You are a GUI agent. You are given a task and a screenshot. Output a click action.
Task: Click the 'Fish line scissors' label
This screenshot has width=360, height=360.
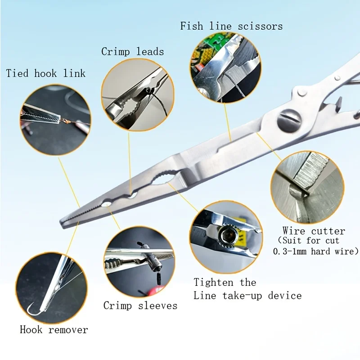[231, 26]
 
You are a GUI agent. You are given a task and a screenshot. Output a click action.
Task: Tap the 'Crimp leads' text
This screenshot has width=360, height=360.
[132, 51]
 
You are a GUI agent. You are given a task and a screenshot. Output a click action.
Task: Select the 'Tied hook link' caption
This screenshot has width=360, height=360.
[45, 73]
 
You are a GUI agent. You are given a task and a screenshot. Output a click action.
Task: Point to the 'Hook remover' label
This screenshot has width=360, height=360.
[54, 330]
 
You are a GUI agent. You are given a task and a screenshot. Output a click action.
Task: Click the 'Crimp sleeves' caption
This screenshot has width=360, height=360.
[140, 306]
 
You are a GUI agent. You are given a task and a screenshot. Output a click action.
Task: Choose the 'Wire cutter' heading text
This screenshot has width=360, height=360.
[313, 231]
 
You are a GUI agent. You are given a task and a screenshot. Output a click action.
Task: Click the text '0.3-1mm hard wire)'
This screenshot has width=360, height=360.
[315, 251]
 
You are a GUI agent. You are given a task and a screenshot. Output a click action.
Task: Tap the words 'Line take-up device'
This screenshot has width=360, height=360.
[247, 296]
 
